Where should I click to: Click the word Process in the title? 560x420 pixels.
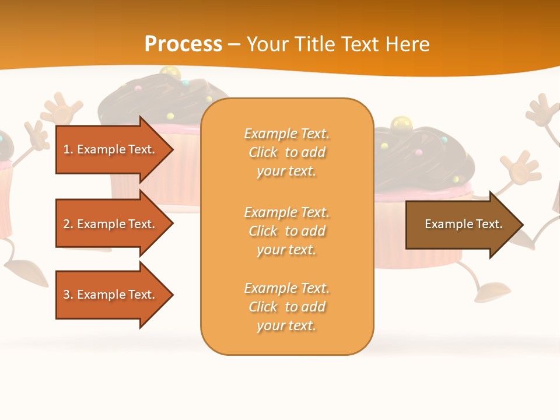tap(183, 44)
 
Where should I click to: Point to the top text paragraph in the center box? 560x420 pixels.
tap(286, 152)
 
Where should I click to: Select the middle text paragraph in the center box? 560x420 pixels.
tap(286, 231)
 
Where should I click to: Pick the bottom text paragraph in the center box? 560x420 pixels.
tap(286, 307)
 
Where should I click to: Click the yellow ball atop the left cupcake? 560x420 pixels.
tap(170, 73)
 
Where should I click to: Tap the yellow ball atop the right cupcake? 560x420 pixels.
tap(400, 124)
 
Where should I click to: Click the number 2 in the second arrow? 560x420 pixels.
tap(66, 224)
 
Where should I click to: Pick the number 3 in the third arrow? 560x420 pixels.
tap(66, 295)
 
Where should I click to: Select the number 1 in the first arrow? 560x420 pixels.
tap(66, 149)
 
